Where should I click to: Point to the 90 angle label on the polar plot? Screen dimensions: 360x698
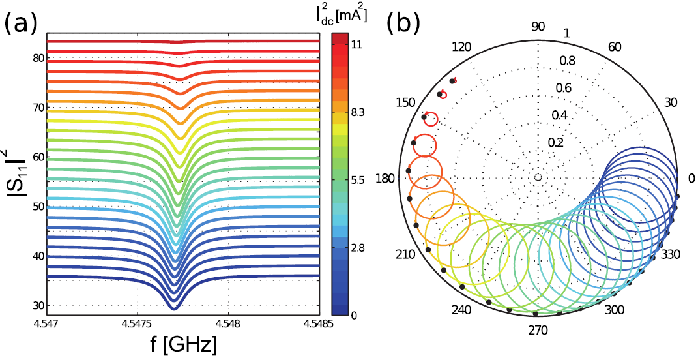click(538, 27)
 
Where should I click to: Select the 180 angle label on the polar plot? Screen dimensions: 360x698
click(387, 177)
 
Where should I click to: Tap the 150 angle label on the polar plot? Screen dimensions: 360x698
click(406, 103)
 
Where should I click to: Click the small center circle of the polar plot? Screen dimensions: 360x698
click(538, 177)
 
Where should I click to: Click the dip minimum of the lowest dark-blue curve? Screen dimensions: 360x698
click(173, 307)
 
